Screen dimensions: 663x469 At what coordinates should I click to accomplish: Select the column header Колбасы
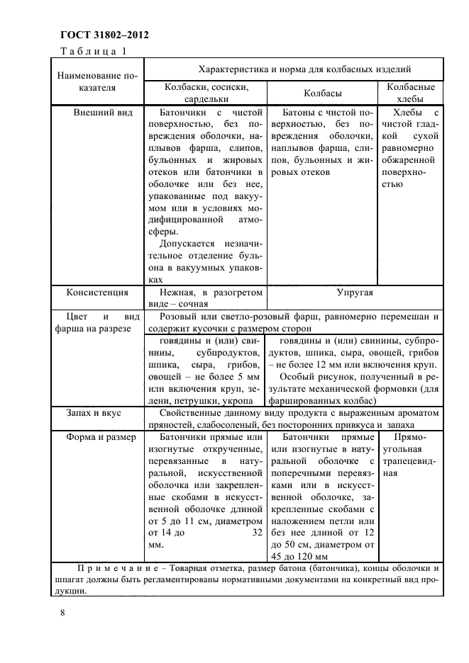coord(323,93)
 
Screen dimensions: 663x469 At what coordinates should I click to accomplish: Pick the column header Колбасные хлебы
coord(410,93)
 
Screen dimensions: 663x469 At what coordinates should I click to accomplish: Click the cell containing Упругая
coord(355,291)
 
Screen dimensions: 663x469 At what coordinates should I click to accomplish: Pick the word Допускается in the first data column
coord(188,244)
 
